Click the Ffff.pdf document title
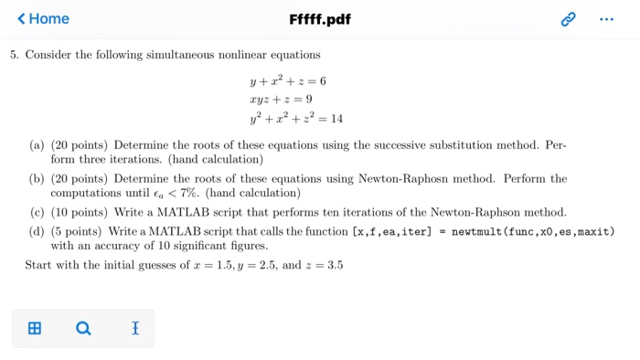tap(319, 19)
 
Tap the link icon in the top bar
tap(569, 19)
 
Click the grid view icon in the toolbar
tap(35, 328)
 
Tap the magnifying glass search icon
tap(83, 328)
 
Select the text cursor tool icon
tap(134, 328)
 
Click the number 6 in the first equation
tap(323, 81)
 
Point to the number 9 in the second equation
tap(309, 100)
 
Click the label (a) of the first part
tap(37, 145)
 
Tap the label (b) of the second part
tap(37, 179)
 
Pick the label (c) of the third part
tap(37, 212)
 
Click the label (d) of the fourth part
tap(37, 231)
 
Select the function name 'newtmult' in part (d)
tap(478, 231)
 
